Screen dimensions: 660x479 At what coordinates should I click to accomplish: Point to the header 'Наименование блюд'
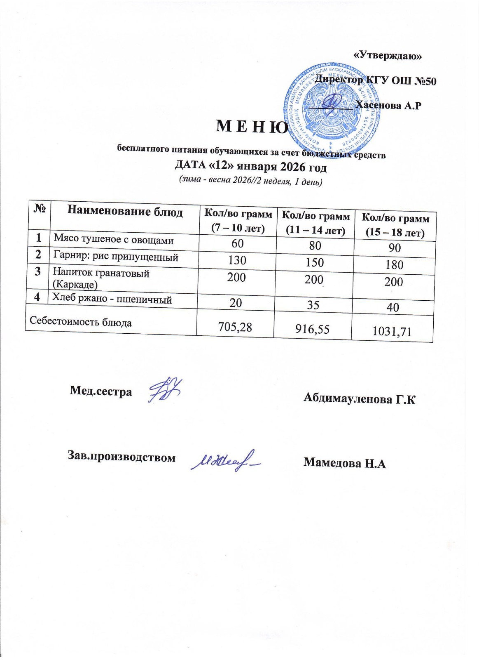point(125,212)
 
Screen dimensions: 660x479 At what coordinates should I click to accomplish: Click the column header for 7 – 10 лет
point(238,221)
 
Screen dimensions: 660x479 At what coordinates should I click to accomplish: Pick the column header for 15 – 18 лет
point(395,225)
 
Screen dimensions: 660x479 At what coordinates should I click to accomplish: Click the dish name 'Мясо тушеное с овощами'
point(114,239)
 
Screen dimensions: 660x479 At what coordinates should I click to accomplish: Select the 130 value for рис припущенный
point(237,260)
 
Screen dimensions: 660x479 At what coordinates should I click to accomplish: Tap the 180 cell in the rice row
point(394,265)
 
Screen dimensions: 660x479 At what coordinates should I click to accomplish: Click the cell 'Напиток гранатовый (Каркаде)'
point(101,278)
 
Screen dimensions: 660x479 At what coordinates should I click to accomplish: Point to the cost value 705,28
point(235,327)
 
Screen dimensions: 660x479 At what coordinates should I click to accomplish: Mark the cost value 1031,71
point(392,332)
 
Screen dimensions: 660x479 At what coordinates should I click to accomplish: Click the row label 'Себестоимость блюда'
point(81,322)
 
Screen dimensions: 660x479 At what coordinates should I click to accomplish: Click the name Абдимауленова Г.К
point(359,398)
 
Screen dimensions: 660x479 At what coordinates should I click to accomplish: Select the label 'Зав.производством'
point(122,457)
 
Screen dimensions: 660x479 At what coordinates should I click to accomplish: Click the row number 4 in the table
point(37,297)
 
